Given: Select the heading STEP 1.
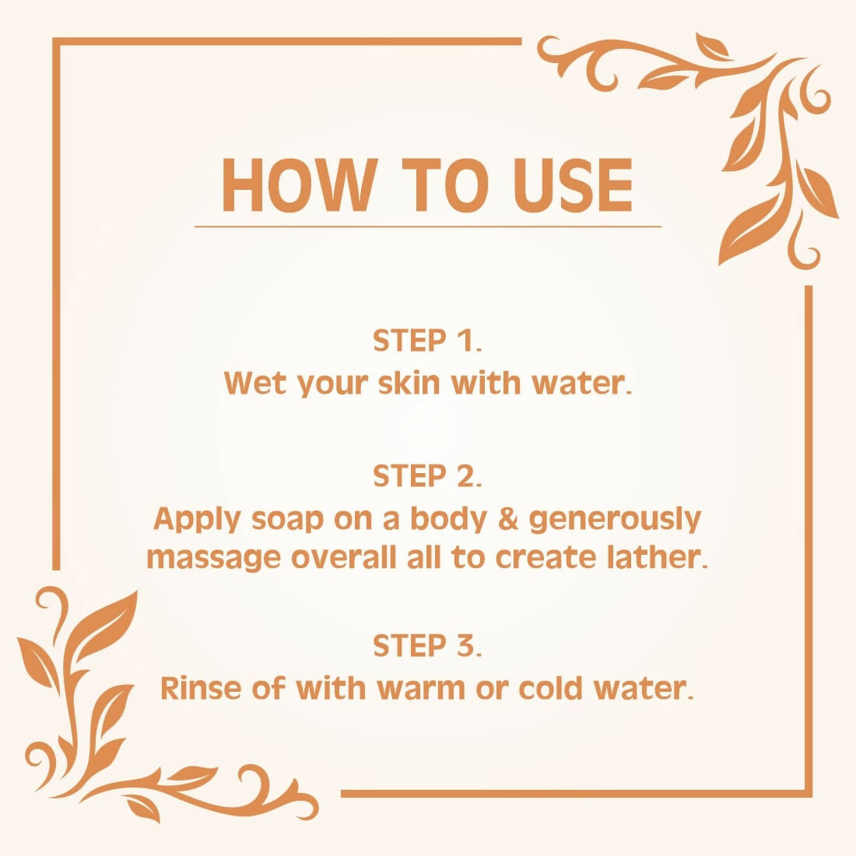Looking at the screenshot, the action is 427,341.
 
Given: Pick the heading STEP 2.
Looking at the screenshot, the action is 427,476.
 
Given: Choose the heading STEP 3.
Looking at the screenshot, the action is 427,645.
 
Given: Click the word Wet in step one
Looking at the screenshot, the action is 254,383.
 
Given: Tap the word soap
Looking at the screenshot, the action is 287,521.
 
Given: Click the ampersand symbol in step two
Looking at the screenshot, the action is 507,518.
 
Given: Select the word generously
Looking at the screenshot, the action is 615,521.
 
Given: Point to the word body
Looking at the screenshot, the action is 448,521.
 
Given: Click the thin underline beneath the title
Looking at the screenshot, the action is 428,226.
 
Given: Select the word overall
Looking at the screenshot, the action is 343,557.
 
